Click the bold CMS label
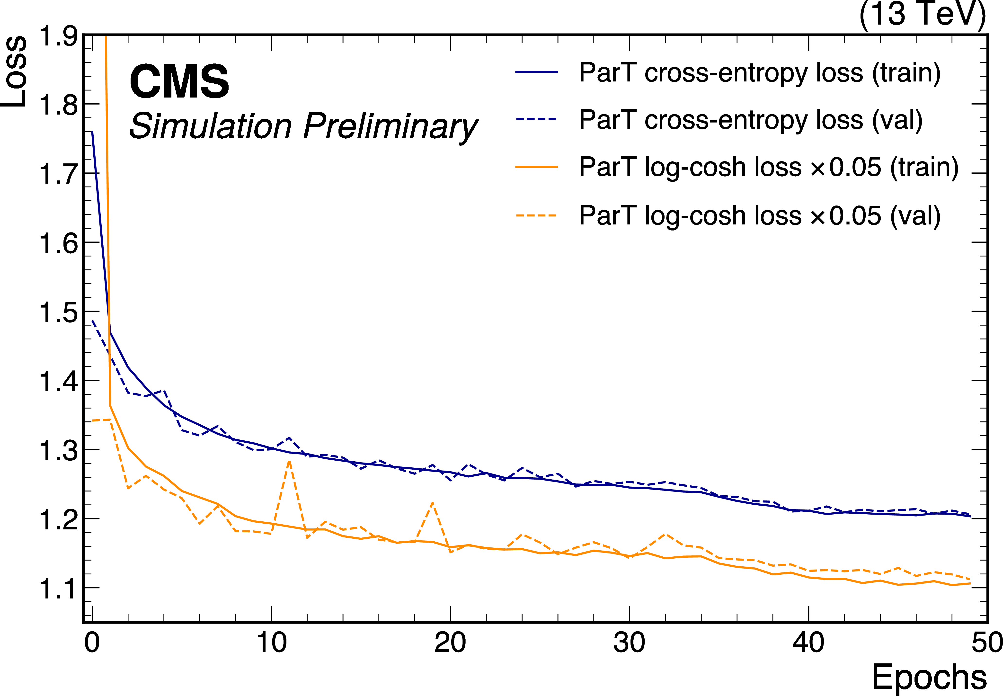179,81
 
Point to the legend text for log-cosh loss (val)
759,216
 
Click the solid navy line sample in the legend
536,72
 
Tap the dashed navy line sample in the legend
536,119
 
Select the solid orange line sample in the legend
536,167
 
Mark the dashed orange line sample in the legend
536,215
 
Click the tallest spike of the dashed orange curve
289,461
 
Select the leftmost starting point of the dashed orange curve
92,420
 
